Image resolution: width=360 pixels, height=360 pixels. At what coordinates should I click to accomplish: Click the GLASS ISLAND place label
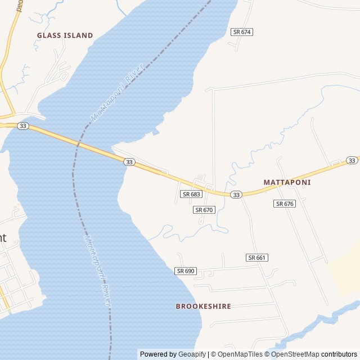click(x=65, y=35)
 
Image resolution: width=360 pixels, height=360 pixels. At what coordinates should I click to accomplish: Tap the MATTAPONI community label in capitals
click(x=287, y=183)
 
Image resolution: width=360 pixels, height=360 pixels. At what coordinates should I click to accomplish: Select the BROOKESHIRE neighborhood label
click(x=203, y=307)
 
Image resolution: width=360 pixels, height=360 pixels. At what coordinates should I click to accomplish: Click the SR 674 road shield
click(x=242, y=32)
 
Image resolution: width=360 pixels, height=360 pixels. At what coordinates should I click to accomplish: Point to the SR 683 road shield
click(x=191, y=194)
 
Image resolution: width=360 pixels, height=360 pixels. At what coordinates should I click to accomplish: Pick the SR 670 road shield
click(x=205, y=210)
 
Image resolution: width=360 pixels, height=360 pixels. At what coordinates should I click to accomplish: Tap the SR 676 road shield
click(x=285, y=204)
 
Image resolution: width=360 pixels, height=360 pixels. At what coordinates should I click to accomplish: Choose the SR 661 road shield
click(x=257, y=258)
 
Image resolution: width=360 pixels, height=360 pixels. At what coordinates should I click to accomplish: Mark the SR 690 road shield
click(x=186, y=271)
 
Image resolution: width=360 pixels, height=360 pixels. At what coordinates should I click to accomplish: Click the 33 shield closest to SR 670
click(x=236, y=195)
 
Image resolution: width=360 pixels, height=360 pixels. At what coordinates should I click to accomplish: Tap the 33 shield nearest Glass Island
click(x=22, y=126)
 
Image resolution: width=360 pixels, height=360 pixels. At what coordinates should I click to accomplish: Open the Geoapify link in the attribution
click(x=192, y=354)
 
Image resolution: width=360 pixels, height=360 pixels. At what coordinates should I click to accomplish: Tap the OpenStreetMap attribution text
click(x=295, y=354)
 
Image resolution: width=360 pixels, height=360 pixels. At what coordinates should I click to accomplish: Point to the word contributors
click(x=339, y=354)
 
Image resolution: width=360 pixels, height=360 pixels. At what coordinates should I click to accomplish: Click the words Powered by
click(x=158, y=354)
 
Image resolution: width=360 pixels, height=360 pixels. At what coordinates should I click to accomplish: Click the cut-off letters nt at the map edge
click(x=3, y=237)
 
